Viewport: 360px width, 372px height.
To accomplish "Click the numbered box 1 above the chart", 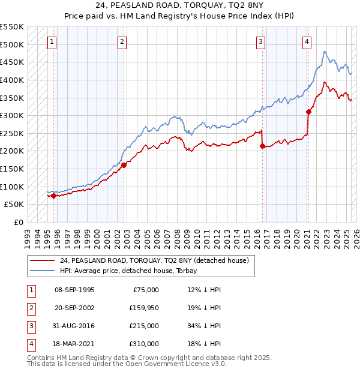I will [52, 42].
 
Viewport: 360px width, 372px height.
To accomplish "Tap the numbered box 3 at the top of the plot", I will [261, 42].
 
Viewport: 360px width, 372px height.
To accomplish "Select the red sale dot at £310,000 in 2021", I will [308, 112].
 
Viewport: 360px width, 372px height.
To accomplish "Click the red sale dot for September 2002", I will [124, 165].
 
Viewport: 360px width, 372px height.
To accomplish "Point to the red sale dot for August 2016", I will [262, 145].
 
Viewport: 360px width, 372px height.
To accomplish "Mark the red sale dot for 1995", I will [53, 195].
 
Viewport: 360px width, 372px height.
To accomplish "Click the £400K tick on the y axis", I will [12, 80].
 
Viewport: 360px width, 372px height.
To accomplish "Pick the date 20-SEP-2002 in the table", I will [74, 308].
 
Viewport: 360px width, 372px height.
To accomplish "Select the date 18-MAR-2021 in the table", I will [74, 344].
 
